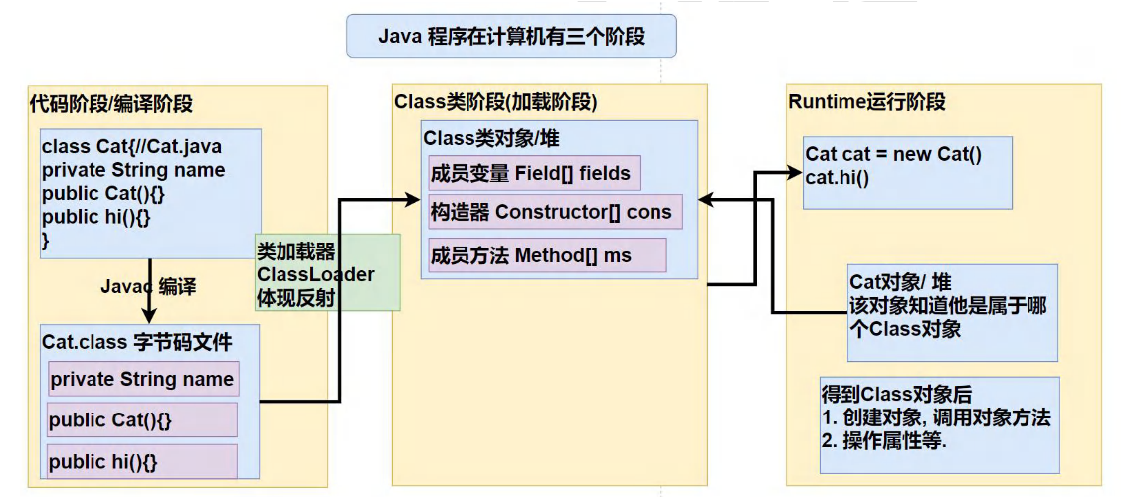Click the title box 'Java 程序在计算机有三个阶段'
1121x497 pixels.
click(511, 37)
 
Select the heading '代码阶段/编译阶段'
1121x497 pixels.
click(111, 104)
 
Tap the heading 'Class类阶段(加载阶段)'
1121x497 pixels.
click(495, 102)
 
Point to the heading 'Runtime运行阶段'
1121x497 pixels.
click(866, 102)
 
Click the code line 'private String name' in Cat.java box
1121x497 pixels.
click(133, 170)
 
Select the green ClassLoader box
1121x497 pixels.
click(327, 272)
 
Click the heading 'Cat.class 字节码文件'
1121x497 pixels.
click(137, 343)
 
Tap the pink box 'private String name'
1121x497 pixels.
click(142, 380)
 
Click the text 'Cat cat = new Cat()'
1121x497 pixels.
click(893, 154)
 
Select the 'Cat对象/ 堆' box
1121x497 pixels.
click(953, 305)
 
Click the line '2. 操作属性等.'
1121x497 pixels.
click(883, 440)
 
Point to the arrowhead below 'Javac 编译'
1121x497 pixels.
click(149, 314)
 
